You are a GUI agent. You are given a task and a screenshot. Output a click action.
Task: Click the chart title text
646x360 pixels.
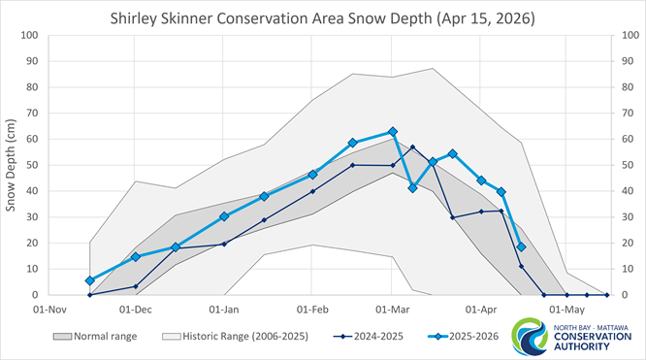point(323,17)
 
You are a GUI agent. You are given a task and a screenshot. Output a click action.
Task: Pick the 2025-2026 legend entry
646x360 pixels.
point(466,337)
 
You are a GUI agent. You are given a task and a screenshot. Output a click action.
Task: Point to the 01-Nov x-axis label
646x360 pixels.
point(48,311)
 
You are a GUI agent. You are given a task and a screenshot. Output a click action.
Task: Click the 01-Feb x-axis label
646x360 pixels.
point(312,311)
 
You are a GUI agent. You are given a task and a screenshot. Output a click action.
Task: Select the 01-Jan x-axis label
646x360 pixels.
point(224,311)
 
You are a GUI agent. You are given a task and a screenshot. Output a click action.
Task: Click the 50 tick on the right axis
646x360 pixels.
point(623,165)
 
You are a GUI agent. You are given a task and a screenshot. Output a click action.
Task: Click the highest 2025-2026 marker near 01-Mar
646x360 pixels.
point(392,131)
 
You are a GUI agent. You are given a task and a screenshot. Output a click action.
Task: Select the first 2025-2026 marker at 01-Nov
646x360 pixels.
point(90,280)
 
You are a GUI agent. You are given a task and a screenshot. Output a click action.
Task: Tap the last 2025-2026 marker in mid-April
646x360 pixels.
point(521,246)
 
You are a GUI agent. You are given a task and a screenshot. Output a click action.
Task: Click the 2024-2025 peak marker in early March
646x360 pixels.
point(412,147)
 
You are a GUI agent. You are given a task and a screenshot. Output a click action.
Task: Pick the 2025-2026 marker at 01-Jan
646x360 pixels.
point(224,216)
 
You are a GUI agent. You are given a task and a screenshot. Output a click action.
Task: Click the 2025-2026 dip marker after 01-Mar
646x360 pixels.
point(412,187)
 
